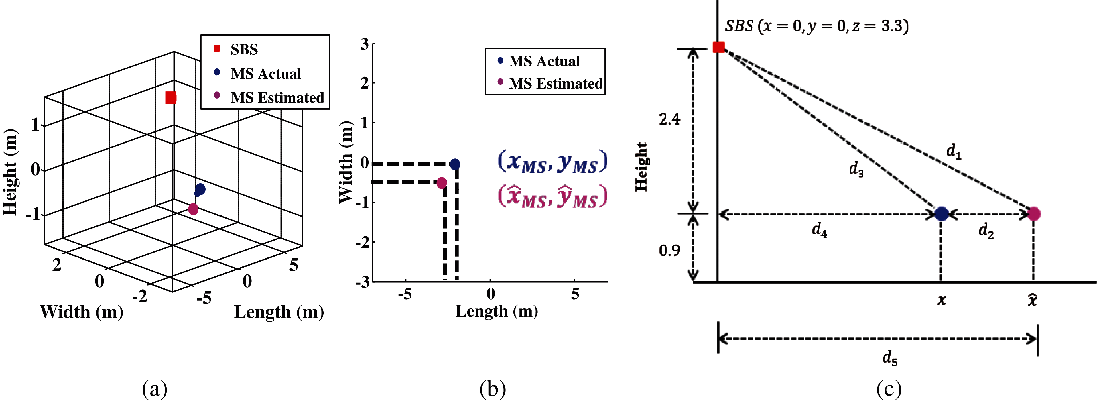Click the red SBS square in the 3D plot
171,98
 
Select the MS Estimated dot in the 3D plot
193,209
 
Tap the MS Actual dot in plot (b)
455,164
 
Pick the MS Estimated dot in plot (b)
442,183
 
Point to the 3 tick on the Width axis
364,44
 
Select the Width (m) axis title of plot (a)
81,312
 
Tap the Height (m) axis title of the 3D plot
10,172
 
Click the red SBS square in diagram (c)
718,47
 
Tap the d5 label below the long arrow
890,358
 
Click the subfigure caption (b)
493,389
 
